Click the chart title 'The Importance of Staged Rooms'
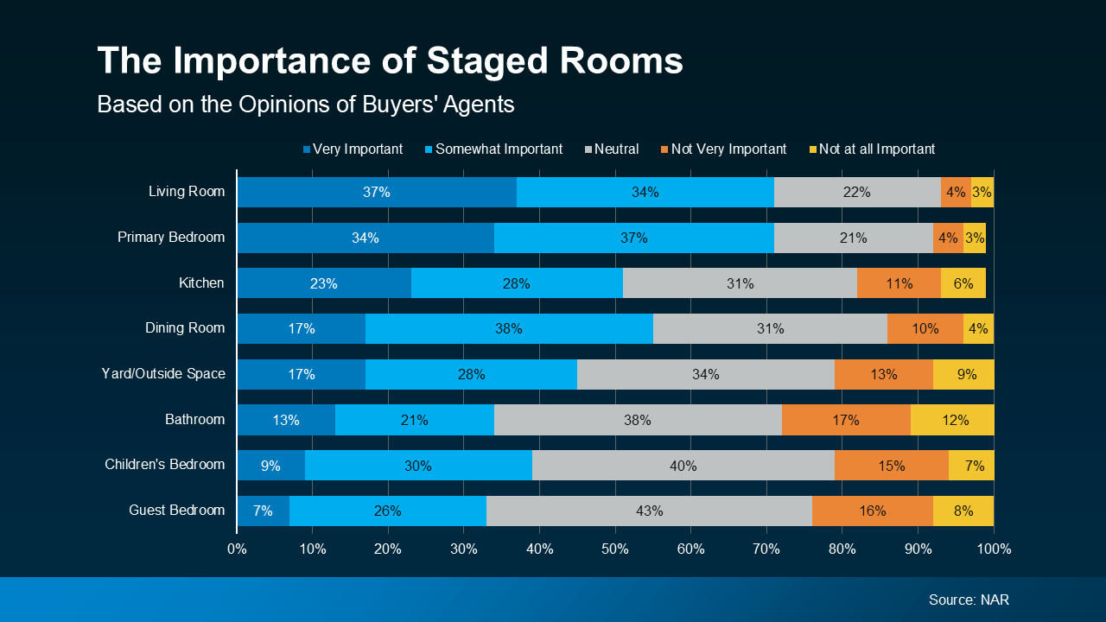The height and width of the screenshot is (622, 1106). pos(390,61)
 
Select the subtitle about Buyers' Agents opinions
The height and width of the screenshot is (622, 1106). pos(305,105)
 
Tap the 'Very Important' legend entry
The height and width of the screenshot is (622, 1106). pos(353,149)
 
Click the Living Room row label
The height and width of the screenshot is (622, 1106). pos(187,192)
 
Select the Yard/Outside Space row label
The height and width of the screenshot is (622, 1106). pos(163,374)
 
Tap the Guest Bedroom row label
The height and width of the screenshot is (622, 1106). pos(176,511)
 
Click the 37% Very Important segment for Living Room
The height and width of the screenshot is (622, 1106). pos(377,193)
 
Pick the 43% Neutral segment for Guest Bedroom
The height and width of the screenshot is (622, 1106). pos(649,511)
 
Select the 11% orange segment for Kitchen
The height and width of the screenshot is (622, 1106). pos(899,283)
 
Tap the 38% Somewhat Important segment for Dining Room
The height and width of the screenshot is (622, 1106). pos(509,329)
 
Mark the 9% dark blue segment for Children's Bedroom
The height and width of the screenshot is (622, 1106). pos(270,466)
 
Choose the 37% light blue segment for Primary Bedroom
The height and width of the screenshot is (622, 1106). pos(633,238)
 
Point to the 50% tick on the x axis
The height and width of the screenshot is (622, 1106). pos(615,549)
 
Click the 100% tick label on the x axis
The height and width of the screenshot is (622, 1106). pos(994,549)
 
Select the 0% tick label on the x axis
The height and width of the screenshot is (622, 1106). pos(237,549)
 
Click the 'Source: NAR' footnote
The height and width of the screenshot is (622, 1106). pos(969,600)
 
